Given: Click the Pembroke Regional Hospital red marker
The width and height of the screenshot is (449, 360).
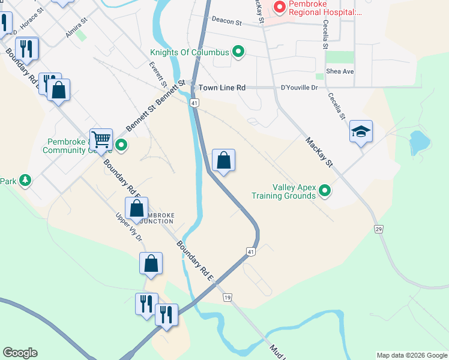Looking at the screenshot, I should tap(279, 8).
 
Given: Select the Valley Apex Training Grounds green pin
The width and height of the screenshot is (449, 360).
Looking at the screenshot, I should tap(325, 191).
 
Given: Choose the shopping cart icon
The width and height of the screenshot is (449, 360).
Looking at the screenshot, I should tap(101, 139).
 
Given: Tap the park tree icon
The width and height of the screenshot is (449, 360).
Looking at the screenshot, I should tap(25, 180).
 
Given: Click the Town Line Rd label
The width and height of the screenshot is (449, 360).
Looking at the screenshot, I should tap(223, 88).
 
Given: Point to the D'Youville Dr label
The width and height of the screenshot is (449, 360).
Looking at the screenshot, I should tap(299, 88).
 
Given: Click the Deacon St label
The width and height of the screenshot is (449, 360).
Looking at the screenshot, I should tap(226, 23).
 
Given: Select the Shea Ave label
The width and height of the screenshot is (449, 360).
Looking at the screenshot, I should tap(340, 71).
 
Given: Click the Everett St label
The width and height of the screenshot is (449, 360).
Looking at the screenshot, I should tap(158, 75).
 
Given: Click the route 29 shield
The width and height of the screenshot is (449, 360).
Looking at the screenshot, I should tap(379, 229).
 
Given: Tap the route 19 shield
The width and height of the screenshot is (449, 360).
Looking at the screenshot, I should tap(227, 297).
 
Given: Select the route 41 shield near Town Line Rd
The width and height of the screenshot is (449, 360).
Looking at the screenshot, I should tap(194, 103).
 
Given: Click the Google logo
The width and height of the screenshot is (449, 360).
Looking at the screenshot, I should tap(20, 353).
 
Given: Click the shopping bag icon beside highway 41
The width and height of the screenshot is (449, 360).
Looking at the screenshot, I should tap(223, 160).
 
